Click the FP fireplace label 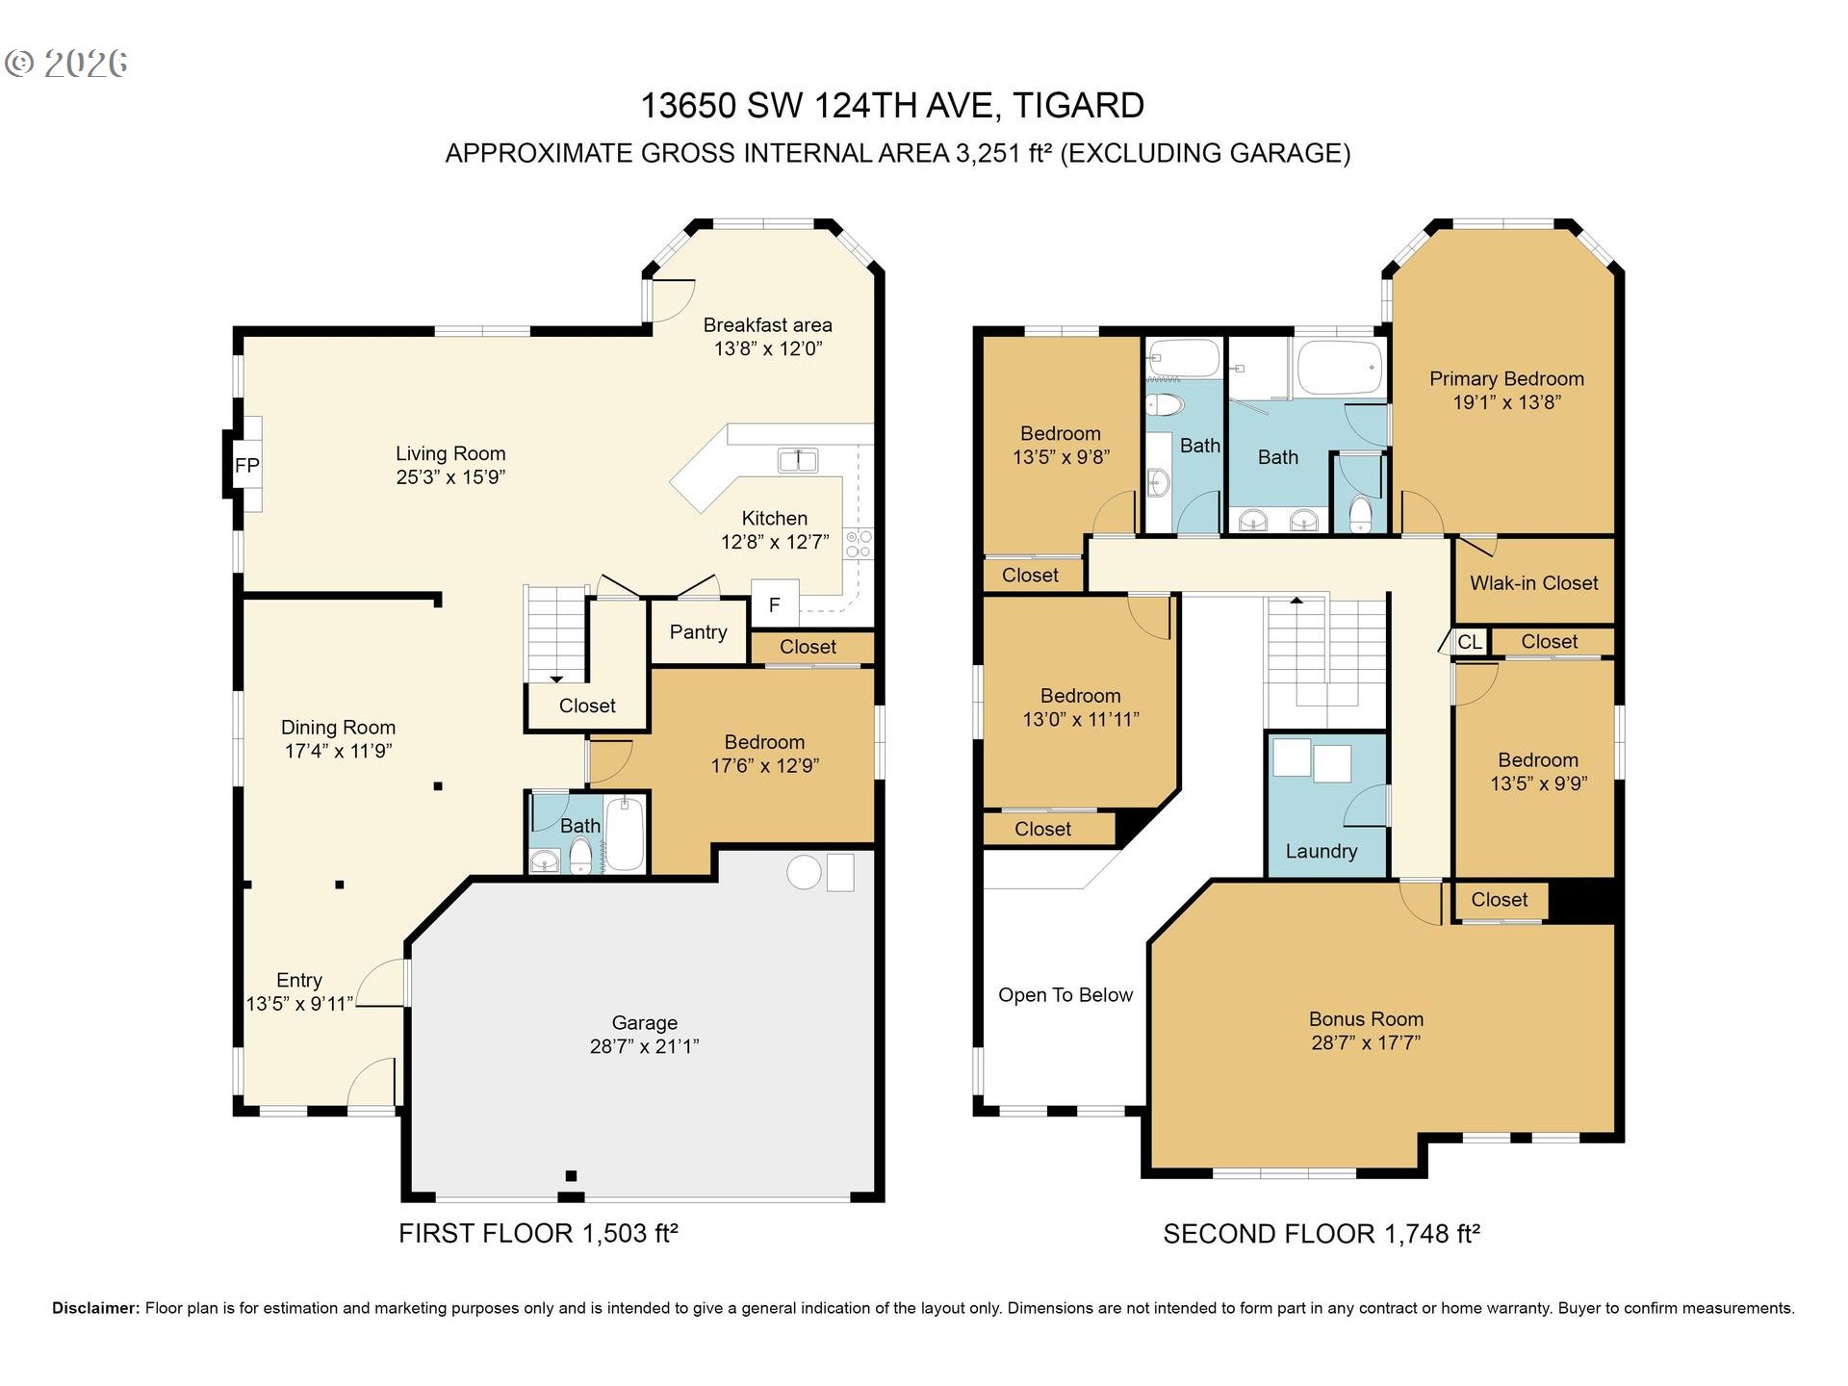(246, 466)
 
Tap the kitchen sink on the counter (798, 461)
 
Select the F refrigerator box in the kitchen (774, 604)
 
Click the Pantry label (698, 632)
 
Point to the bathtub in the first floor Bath (625, 834)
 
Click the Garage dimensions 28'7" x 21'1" (644, 1046)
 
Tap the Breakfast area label (767, 325)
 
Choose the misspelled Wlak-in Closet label (1533, 582)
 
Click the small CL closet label (1470, 642)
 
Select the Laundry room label (1321, 851)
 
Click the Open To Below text (1065, 995)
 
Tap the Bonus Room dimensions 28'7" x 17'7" (1365, 1042)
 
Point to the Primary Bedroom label (1505, 379)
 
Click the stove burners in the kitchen (858, 544)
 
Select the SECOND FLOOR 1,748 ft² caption (1321, 1234)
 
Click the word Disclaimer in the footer (95, 1308)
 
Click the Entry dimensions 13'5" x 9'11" (299, 1004)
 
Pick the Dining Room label (338, 728)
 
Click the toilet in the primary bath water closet (1360, 514)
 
